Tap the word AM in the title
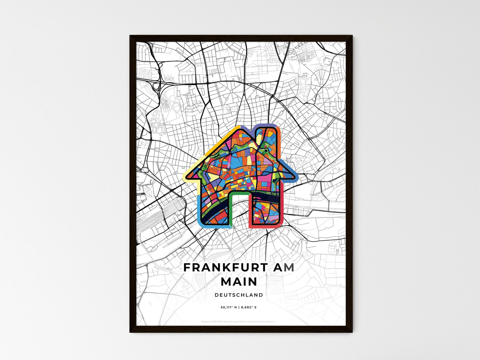click(x=283, y=268)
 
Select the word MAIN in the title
click(x=239, y=282)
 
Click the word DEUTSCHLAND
click(x=239, y=295)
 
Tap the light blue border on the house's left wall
click(x=198, y=209)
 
